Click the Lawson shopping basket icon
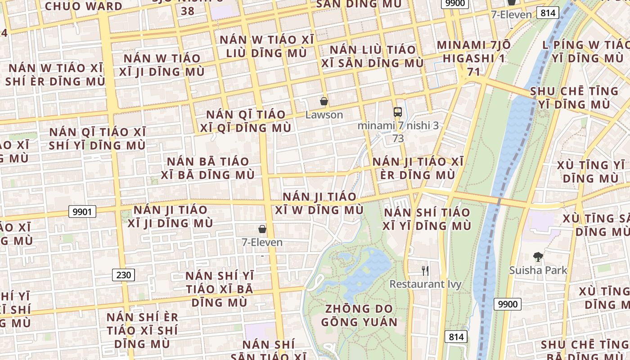[324, 101]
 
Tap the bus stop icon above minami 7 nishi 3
[397, 112]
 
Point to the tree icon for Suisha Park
[538, 257]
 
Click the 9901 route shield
[82, 211]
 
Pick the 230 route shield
[123, 274]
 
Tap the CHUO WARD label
[84, 6]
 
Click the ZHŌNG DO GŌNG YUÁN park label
[359, 315]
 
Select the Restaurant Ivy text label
[426, 284]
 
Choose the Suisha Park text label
[538, 270]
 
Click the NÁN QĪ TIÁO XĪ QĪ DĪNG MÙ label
[246, 121]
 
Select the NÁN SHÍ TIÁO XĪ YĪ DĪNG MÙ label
[427, 219]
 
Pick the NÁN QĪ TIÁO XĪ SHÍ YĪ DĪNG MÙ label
[98, 139]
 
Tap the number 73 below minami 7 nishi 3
[398, 139]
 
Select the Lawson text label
[324, 115]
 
